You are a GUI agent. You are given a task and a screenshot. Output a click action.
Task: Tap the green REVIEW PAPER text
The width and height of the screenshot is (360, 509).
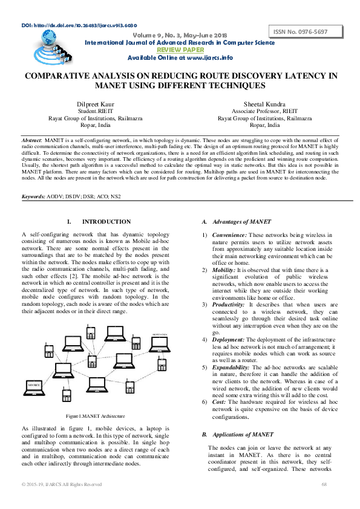pos(180,50)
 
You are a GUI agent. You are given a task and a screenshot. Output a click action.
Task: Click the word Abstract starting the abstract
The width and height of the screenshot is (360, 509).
pos(31,139)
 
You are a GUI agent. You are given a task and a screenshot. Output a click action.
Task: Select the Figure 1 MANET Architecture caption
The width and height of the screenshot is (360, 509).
pos(96,416)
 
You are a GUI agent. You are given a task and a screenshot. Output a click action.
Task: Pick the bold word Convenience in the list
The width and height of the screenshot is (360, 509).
pos(229,235)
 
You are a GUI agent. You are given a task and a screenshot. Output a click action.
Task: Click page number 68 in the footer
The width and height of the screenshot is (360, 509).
pos(324,484)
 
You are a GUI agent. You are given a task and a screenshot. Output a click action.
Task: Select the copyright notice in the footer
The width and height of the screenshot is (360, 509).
pos(62,484)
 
